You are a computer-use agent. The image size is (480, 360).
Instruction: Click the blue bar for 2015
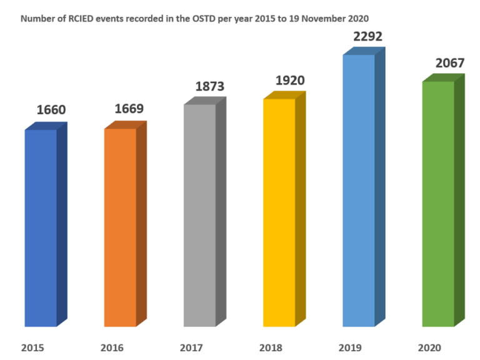[41, 228]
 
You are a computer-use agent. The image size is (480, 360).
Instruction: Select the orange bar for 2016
[120, 227]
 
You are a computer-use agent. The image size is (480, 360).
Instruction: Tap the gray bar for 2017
[199, 216]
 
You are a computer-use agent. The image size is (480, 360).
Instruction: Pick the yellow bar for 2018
[279, 212]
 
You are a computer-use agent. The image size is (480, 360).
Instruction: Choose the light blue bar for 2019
[358, 191]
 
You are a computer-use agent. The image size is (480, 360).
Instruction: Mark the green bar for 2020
[438, 204]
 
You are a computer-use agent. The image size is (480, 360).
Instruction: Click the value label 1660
[51, 111]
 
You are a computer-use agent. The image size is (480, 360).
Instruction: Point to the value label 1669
[129, 109]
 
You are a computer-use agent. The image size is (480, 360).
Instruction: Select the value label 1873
[209, 86]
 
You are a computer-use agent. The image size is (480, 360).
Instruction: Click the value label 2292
[367, 37]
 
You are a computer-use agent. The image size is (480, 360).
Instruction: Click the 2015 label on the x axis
[32, 347]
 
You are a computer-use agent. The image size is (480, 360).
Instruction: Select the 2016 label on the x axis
[112, 347]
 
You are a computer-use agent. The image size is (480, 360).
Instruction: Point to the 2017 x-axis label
[191, 347]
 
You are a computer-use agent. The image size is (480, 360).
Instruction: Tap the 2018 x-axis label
[271, 347]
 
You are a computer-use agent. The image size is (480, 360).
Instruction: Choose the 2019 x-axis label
[350, 347]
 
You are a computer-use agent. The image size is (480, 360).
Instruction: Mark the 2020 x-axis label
[430, 347]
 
